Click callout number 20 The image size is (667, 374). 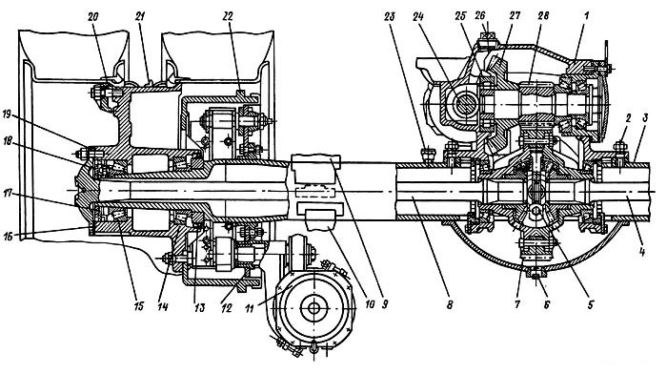coord(93,16)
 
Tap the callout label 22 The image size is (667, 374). coord(229,16)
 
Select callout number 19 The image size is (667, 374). coord(8,114)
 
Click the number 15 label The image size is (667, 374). coord(139,305)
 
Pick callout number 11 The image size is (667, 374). coord(250,307)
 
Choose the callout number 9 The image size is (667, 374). coord(385,305)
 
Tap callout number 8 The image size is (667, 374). coord(450,305)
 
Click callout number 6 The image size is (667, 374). coord(547,304)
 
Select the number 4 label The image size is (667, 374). coord(642,252)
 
